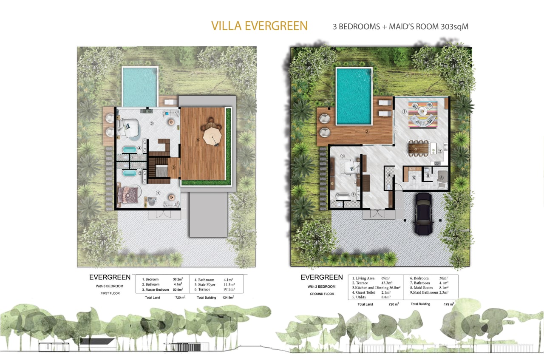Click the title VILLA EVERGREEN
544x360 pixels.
259,26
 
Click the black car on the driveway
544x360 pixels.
423,214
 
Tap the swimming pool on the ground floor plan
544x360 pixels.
354,96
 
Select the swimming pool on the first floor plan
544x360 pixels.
140,86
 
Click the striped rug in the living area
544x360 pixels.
423,115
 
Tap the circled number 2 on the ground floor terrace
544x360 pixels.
367,131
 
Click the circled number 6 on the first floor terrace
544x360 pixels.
198,140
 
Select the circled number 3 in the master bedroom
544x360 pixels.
152,123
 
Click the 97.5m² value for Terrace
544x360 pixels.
229,289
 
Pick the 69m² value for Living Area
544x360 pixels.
385,278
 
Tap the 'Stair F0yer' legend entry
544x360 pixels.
205,284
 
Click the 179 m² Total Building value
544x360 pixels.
449,304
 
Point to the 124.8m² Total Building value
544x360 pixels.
228,298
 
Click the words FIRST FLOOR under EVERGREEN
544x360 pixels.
110,293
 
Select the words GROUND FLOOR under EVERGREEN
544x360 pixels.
322,294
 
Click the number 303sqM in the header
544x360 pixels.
454,26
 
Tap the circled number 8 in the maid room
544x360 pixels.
442,178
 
